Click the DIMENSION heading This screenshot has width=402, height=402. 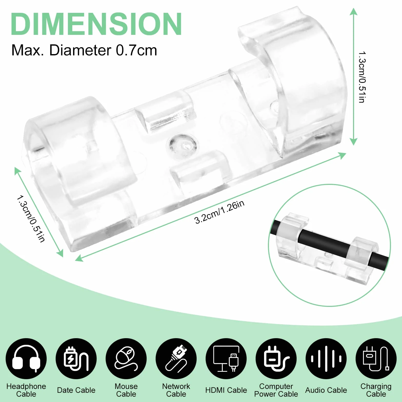(x=96, y=24)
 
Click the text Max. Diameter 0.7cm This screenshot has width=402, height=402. (x=84, y=50)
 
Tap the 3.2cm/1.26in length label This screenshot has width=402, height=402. (x=219, y=212)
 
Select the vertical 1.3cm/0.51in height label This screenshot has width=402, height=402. (x=362, y=77)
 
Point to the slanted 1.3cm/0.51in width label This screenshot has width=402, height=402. (x=31, y=219)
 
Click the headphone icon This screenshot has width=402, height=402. (x=26, y=358)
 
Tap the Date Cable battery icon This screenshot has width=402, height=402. (x=76, y=358)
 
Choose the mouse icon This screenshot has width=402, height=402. (x=126, y=358)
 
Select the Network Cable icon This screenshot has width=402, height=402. (x=176, y=358)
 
